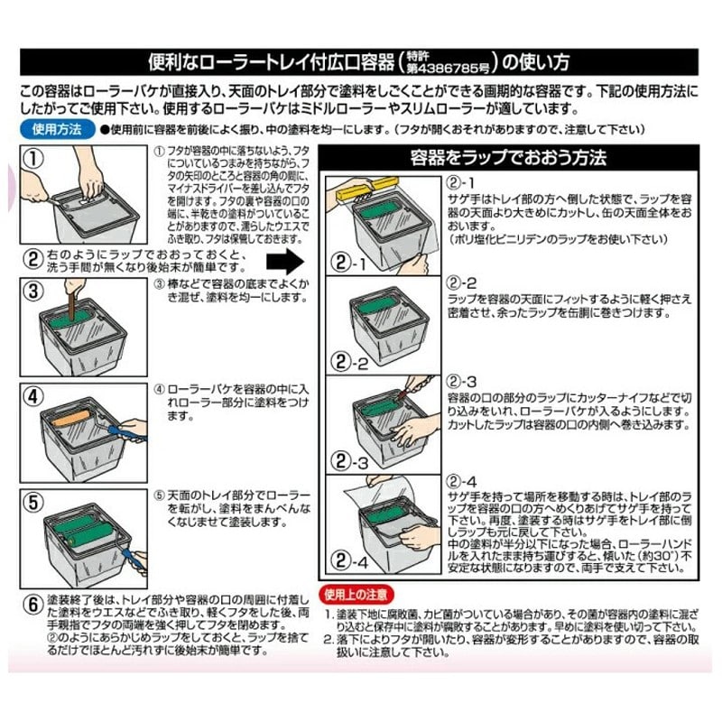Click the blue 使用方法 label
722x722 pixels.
56,129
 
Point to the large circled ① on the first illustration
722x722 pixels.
33,159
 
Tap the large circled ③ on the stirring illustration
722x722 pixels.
33,291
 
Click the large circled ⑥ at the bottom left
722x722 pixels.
32,602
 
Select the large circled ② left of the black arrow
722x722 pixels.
32,260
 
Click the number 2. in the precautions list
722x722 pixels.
329,639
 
